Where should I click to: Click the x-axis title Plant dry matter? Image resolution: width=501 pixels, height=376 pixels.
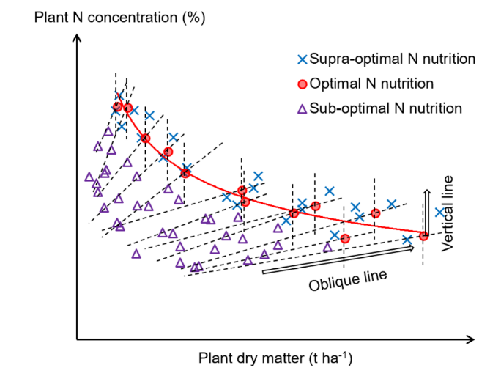point(275,359)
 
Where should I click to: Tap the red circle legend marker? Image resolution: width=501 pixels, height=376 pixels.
point(302,84)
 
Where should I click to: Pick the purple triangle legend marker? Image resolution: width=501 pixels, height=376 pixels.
point(302,108)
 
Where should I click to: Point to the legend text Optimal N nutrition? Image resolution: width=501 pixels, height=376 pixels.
point(371,84)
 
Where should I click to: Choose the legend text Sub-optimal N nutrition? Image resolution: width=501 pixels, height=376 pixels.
point(385,108)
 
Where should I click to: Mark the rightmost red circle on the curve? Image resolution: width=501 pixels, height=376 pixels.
point(423,235)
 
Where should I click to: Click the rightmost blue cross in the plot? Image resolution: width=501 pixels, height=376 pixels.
point(439,213)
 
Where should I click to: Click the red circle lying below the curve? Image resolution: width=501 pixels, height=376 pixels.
point(345,239)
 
